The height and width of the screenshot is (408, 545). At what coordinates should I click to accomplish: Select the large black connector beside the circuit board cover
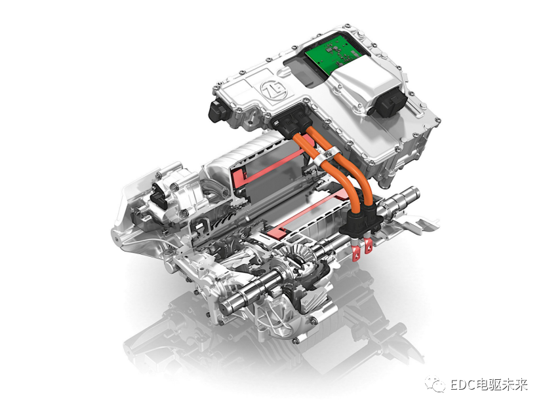[x=388, y=101]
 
